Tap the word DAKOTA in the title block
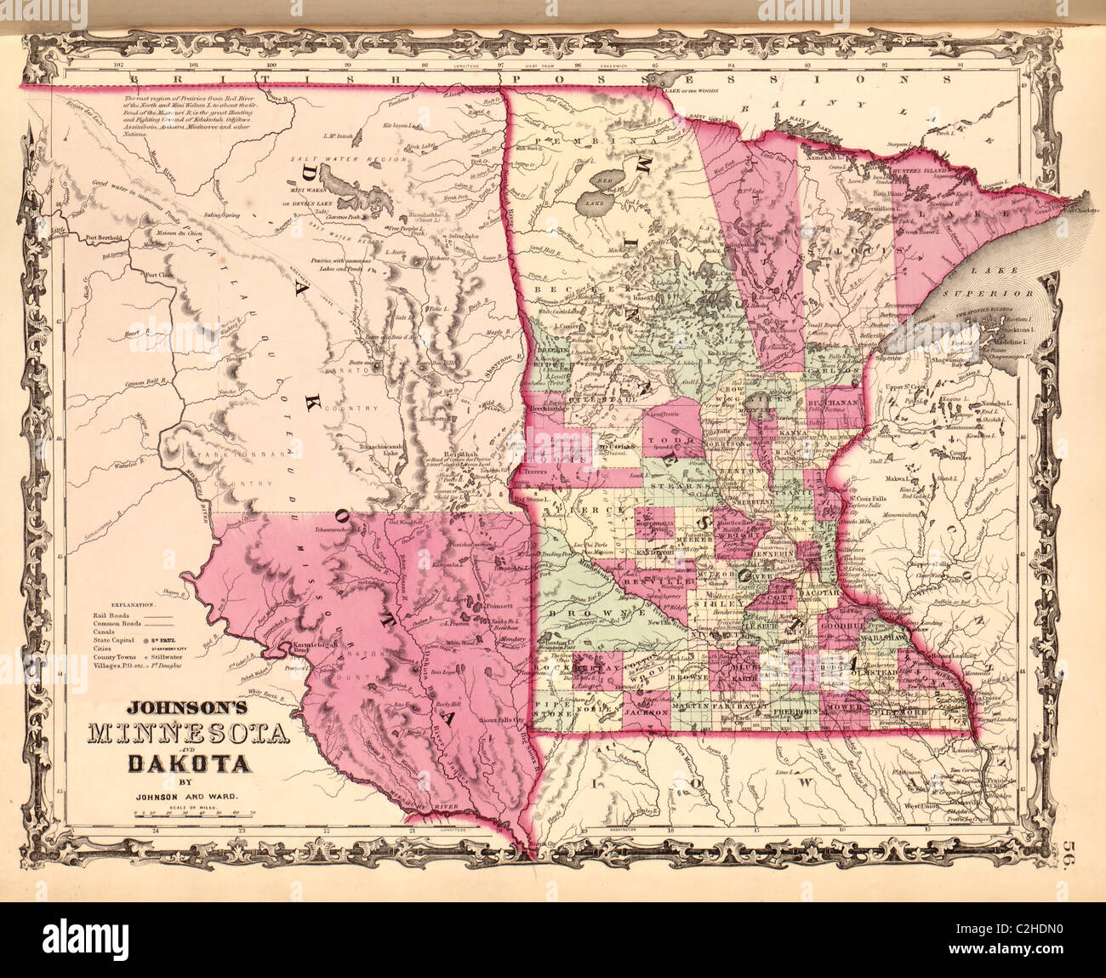(190, 763)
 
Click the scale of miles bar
(182, 815)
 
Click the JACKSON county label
(644, 707)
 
